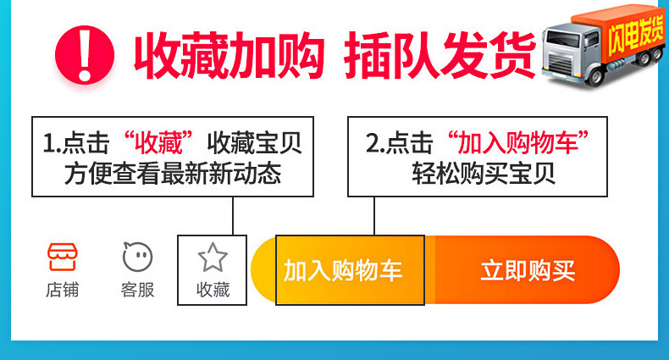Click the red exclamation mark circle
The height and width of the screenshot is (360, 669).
[x=86, y=53]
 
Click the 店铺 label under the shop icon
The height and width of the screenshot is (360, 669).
[x=62, y=290]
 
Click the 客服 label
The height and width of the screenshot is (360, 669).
[x=137, y=290]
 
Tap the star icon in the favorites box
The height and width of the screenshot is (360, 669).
[x=213, y=257]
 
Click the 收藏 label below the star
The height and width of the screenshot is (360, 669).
[x=213, y=290]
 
